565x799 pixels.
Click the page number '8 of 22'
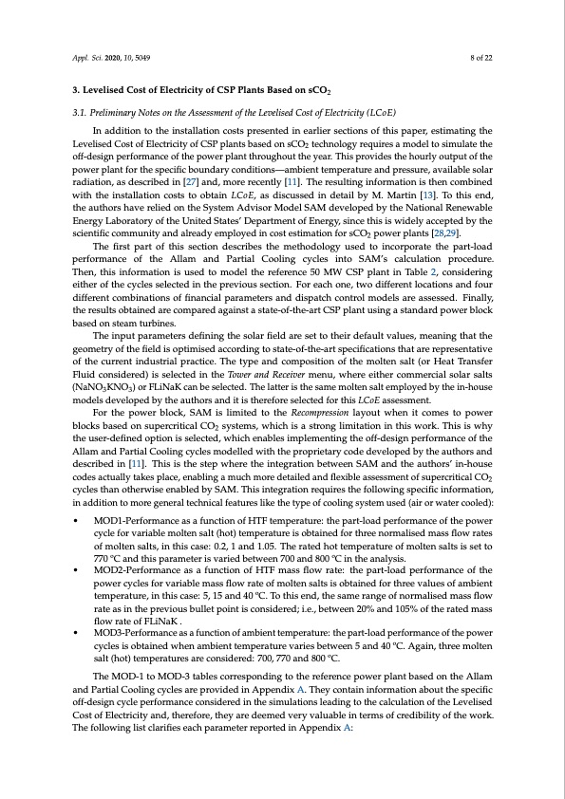(478, 59)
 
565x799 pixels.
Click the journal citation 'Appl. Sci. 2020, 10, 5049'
(112, 59)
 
